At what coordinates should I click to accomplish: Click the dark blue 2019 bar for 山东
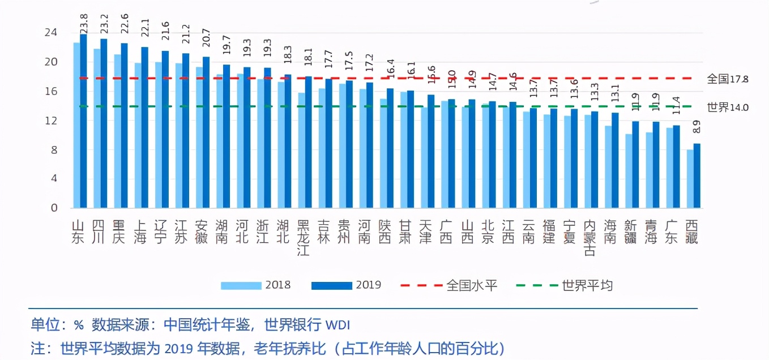(x=83, y=122)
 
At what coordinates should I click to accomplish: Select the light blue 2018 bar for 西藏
(x=690, y=178)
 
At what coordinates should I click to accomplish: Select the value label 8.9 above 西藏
(x=697, y=127)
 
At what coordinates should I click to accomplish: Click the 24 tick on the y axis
(x=51, y=33)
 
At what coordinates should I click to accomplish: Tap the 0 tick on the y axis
(x=54, y=208)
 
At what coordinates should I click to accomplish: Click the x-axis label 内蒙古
(x=589, y=238)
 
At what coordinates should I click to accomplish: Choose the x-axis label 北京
(x=487, y=232)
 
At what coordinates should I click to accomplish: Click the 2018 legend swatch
(x=240, y=285)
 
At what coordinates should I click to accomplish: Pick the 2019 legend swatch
(x=331, y=285)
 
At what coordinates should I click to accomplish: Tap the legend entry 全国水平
(x=471, y=285)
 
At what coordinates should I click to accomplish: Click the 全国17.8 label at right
(x=727, y=79)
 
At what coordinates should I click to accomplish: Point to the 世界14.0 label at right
(x=727, y=107)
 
